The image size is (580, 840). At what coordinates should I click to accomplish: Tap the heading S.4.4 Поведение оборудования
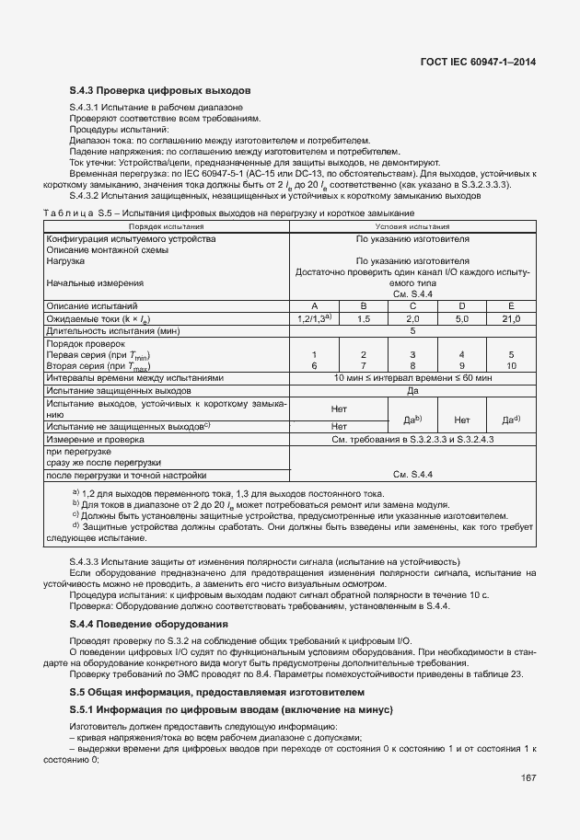tap(149, 625)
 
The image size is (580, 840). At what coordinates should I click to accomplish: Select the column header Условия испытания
tap(412, 225)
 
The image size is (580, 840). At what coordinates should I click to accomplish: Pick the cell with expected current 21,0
tap(510, 318)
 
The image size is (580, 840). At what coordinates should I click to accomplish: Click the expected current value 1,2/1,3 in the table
tap(314, 318)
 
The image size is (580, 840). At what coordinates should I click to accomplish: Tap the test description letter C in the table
tap(412, 305)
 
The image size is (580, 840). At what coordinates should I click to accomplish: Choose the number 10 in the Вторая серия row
tap(510, 365)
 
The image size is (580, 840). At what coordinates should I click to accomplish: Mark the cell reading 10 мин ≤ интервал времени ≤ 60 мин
tap(412, 378)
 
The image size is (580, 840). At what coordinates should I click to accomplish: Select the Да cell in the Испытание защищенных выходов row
tap(412, 391)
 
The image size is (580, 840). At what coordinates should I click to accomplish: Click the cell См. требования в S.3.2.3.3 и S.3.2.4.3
tap(412, 440)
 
